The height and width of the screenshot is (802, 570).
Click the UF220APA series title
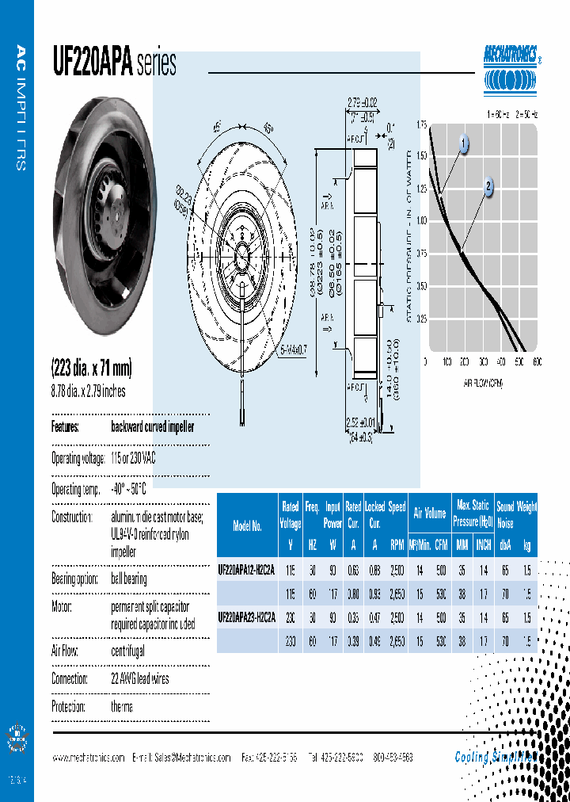tap(114, 63)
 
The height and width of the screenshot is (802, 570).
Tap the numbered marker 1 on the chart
tap(463, 143)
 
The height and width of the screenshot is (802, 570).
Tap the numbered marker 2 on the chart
tap(488, 188)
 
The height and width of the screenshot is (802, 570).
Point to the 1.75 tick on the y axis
tap(420, 125)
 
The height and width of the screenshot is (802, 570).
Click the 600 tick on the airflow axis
tap(537, 362)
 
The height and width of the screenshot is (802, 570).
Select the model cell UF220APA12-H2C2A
tap(246, 569)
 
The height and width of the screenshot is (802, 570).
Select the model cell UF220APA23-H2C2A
tap(246, 617)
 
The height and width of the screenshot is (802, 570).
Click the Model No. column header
tap(247, 526)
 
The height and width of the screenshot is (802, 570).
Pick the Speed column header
tap(397, 506)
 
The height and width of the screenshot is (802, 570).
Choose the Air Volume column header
tap(430, 514)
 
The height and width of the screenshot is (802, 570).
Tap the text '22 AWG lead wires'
tap(140, 679)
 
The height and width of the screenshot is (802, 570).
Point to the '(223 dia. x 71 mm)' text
tap(91, 369)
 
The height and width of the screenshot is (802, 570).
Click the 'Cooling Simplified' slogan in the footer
tap(495, 757)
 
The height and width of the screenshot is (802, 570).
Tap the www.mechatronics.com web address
tap(88, 758)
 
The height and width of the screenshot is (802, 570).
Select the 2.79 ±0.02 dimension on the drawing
tap(364, 101)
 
